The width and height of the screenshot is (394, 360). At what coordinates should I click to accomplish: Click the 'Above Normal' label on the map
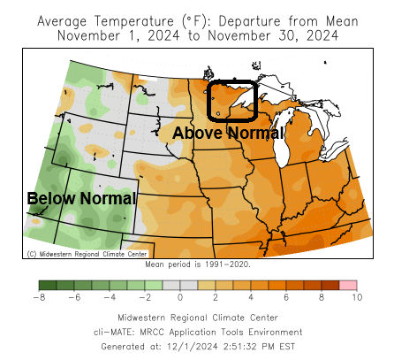click(228, 133)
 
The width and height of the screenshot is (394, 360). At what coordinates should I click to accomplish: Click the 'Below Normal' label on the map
click(81, 198)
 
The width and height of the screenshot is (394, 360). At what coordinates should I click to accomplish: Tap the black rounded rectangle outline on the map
click(231, 100)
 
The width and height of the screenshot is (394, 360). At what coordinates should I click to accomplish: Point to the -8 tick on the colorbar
click(39, 298)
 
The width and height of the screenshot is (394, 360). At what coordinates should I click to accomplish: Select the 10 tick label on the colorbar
click(356, 298)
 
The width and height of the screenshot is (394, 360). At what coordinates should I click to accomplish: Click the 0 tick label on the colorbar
click(180, 298)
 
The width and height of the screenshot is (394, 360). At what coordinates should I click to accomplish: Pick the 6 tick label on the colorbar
click(286, 298)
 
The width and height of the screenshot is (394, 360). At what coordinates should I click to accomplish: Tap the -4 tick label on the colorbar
click(110, 298)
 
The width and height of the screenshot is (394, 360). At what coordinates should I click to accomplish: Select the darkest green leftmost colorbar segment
click(47, 285)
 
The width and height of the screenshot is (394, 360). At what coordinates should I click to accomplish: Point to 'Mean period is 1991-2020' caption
click(197, 264)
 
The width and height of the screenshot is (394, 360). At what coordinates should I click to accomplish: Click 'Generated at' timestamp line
click(197, 347)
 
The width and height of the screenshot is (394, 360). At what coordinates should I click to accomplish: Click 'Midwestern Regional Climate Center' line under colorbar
click(197, 318)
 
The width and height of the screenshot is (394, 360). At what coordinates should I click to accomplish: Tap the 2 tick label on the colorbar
click(216, 298)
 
